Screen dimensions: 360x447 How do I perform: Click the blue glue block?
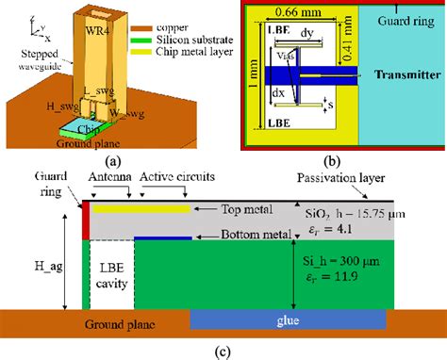pyautogui.click(x=288, y=320)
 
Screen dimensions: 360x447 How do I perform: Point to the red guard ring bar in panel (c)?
pyautogui.click(x=85, y=220)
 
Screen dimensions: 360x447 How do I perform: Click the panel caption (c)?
pyautogui.click(x=223, y=352)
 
